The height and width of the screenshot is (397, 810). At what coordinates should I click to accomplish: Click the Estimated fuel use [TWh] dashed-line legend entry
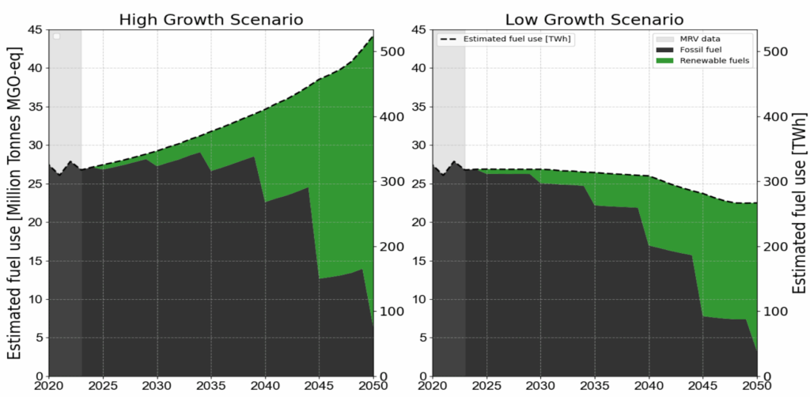click(505, 38)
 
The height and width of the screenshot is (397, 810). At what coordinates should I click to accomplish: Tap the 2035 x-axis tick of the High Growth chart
click(211, 387)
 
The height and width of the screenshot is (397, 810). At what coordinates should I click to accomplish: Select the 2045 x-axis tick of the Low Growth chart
click(702, 387)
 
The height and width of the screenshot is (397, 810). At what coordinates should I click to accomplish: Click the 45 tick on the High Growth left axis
click(35, 30)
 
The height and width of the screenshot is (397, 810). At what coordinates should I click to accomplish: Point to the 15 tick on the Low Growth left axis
click(420, 261)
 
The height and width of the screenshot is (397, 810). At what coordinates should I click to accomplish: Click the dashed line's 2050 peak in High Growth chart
click(373, 36)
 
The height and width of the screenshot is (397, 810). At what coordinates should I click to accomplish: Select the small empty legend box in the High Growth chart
click(56, 36)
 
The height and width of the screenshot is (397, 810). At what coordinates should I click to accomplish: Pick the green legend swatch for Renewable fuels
click(663, 60)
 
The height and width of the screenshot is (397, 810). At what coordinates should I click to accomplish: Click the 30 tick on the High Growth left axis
click(35, 146)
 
